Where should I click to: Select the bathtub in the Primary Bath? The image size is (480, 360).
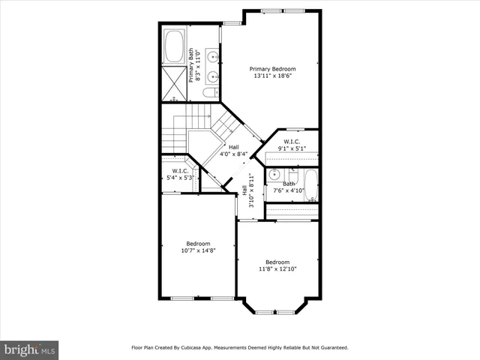176,46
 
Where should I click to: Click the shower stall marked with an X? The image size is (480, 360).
176,82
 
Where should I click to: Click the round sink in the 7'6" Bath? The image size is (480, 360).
276,175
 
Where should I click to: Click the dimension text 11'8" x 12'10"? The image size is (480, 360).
277,268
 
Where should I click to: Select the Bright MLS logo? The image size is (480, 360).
29,349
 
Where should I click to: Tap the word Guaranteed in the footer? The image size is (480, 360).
331,348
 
